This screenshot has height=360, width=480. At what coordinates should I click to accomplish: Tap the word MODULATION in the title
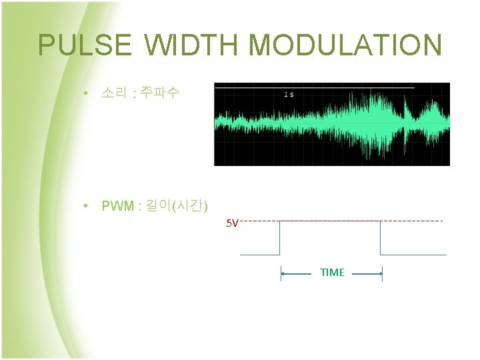pyautogui.click(x=345, y=45)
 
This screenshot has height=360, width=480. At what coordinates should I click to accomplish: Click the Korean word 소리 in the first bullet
pyautogui.click(x=113, y=93)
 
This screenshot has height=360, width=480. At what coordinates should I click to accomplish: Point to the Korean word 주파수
pyautogui.click(x=160, y=93)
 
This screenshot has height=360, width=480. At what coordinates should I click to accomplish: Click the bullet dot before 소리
pyautogui.click(x=87, y=93)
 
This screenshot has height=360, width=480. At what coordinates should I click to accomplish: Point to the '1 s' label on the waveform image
pyautogui.click(x=289, y=94)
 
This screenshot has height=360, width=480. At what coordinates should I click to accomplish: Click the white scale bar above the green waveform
pyautogui.click(x=313, y=87)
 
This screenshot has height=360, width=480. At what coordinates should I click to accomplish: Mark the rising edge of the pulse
pyautogui.click(x=280, y=238)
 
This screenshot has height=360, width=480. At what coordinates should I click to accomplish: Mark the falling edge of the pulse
pyautogui.click(x=380, y=238)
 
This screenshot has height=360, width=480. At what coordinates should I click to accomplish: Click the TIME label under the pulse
pyautogui.click(x=332, y=273)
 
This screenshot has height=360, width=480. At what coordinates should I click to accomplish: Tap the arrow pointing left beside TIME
pyautogui.click(x=293, y=273)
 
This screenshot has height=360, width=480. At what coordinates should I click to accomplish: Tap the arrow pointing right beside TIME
pyautogui.click(x=370, y=273)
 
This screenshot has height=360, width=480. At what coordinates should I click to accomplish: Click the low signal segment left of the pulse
pyautogui.click(x=260, y=255)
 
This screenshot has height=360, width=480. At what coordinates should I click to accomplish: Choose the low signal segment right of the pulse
pyautogui.click(x=413, y=255)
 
